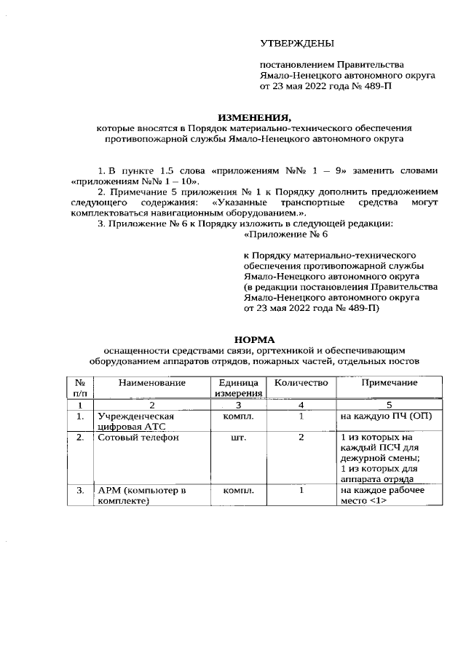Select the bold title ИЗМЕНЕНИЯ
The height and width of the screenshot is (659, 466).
(x=254, y=117)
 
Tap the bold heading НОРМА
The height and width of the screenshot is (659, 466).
(x=254, y=339)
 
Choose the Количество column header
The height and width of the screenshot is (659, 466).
(x=301, y=382)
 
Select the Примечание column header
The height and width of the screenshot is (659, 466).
(x=389, y=382)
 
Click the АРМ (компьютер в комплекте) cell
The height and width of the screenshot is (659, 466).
(x=141, y=496)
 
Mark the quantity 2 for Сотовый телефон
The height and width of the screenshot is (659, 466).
(x=301, y=438)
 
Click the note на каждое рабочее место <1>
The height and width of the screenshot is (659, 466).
(x=382, y=496)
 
